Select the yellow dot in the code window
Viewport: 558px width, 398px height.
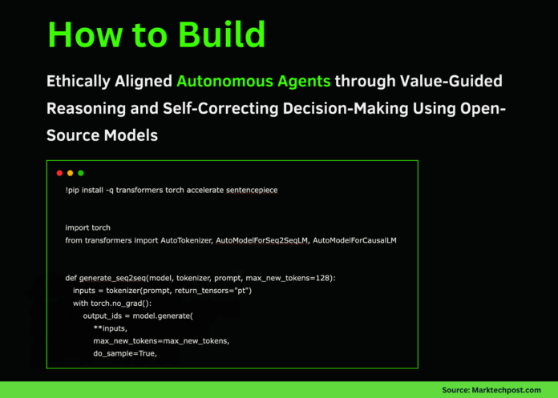70,173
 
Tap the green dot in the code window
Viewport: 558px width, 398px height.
80,173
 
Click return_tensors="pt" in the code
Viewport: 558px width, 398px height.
212,290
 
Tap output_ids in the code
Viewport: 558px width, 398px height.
102,316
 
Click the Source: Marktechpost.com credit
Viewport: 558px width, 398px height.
491,389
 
